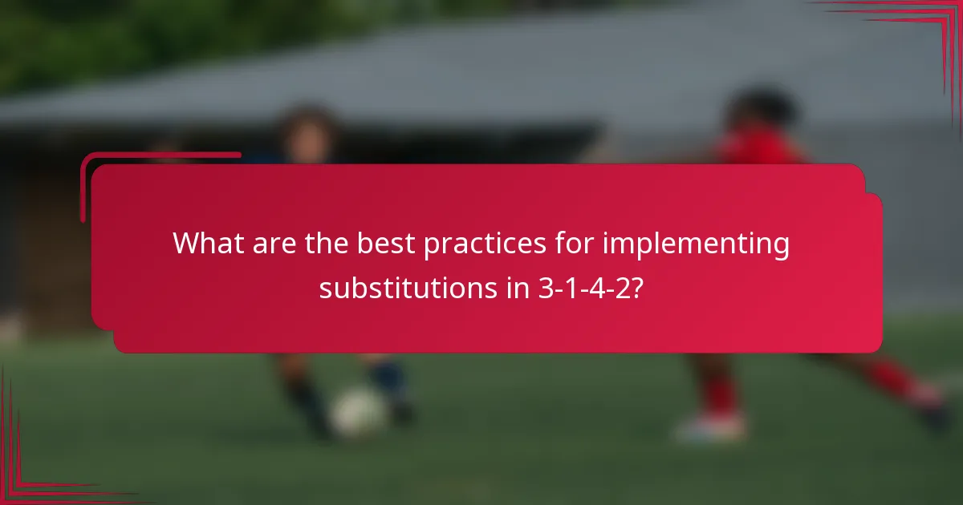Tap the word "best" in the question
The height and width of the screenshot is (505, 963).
click(x=382, y=244)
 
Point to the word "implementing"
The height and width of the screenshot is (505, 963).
click(x=696, y=244)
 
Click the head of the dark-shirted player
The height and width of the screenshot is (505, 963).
click(x=308, y=132)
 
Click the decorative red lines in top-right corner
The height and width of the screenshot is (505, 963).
click(x=923, y=32)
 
